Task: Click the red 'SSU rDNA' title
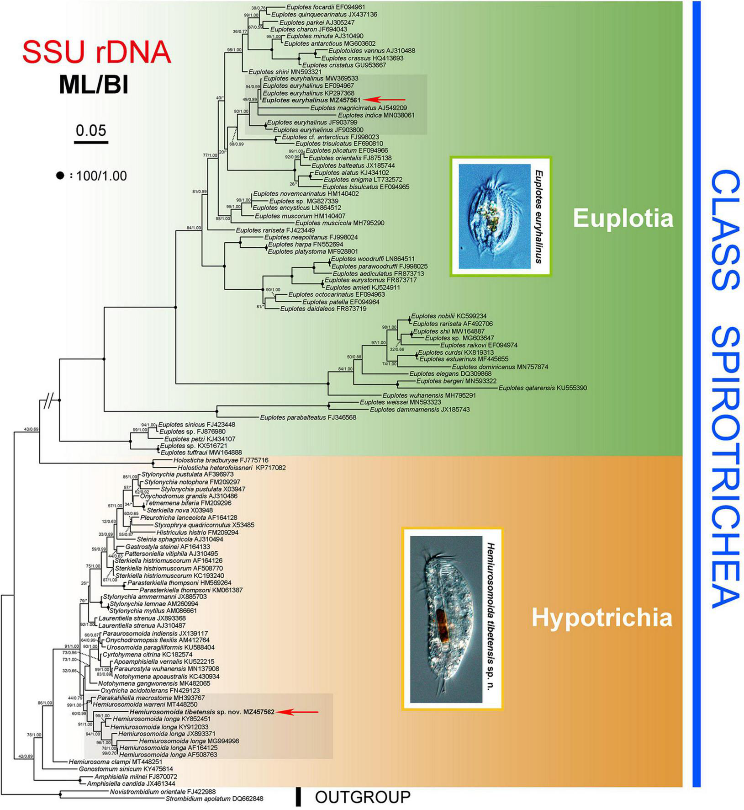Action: click(x=96, y=53)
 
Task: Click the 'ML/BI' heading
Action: click(x=93, y=85)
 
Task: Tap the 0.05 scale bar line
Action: click(x=91, y=143)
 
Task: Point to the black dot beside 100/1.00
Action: click(x=60, y=176)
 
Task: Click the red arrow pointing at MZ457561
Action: click(x=387, y=100)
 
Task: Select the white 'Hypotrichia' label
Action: click(x=602, y=618)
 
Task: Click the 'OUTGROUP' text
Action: click(x=363, y=797)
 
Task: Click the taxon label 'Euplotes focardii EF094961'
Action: click(x=326, y=7)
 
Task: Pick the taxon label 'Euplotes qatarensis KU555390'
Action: click(x=543, y=388)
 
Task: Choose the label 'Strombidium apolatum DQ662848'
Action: click(x=214, y=799)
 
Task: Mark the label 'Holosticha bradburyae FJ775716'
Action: click(x=221, y=460)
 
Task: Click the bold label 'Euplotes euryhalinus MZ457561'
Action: click(x=311, y=100)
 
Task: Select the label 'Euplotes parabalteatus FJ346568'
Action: click(x=308, y=417)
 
